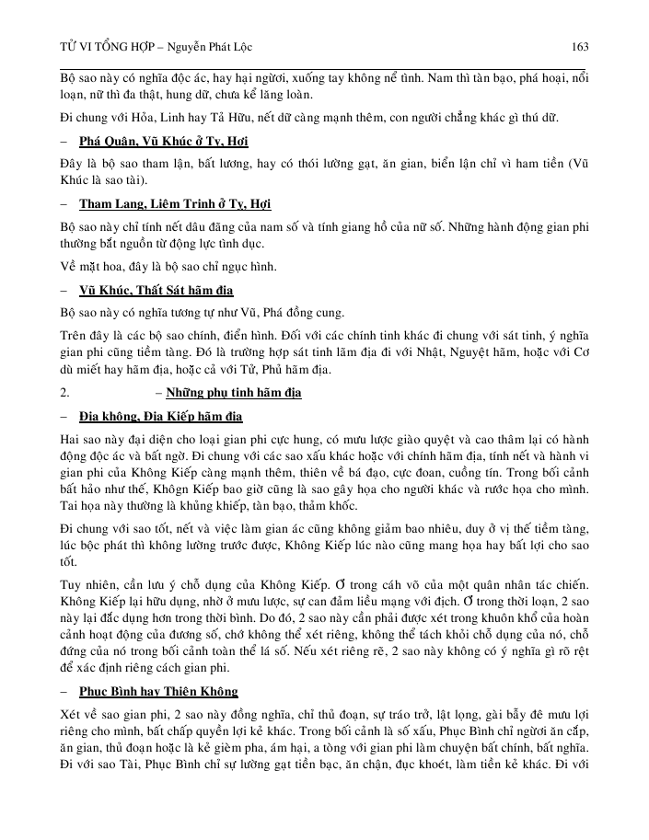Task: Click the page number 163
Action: click(x=580, y=46)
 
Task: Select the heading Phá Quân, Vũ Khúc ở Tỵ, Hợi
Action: click(x=164, y=141)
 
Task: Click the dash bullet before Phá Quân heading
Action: click(x=62, y=141)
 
